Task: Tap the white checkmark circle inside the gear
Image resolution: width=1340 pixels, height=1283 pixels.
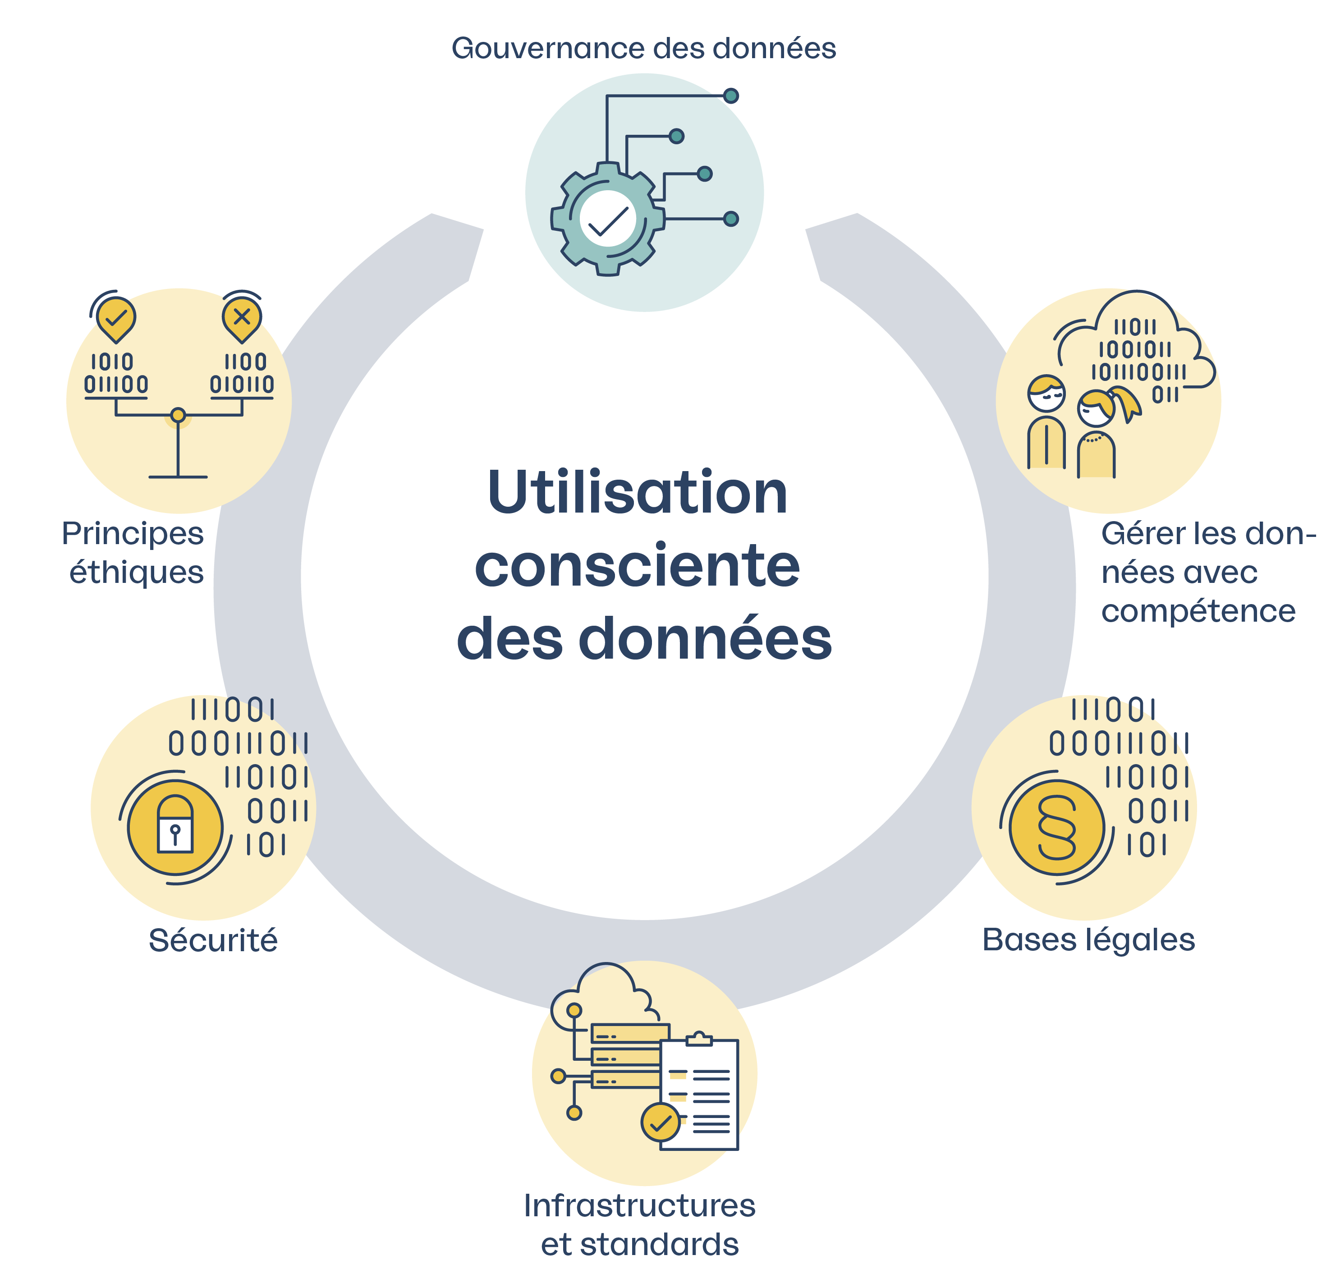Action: [608, 219]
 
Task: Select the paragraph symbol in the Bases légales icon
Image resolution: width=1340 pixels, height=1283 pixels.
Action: [1056, 827]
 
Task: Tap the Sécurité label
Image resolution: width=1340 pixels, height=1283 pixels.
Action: [213, 940]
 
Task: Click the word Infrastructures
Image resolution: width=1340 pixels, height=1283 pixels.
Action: [639, 1205]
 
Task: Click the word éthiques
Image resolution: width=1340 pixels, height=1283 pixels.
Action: [137, 572]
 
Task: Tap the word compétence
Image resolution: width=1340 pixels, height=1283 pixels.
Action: [1198, 610]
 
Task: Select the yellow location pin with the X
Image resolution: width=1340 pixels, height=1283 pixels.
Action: [241, 318]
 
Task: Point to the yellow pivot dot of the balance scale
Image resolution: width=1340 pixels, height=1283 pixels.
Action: [178, 415]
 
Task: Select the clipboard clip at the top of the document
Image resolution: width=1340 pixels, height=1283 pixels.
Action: [699, 1040]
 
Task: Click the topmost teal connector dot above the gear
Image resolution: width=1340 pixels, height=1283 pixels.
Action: [731, 96]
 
